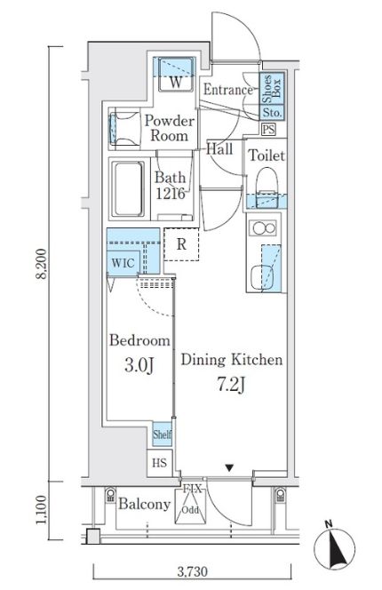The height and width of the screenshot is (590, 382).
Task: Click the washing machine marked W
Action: [176, 75]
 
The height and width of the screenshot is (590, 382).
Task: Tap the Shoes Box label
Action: [271, 89]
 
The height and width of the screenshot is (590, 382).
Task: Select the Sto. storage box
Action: [272, 113]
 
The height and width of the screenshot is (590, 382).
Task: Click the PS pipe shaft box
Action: [268, 130]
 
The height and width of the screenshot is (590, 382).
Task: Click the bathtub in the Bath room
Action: [129, 189]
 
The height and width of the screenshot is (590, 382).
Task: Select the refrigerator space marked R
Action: [181, 244]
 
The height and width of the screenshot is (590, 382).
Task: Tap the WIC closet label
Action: [123, 262]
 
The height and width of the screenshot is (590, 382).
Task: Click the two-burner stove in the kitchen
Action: [264, 228]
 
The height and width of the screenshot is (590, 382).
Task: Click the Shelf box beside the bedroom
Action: [163, 434]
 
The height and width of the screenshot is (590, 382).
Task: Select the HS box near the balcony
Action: [159, 463]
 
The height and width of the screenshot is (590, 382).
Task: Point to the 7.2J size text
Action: [231, 384]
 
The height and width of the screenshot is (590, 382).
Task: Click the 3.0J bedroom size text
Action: [139, 365]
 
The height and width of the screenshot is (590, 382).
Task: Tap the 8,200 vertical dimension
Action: [41, 263]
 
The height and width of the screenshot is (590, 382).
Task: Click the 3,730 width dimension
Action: [192, 571]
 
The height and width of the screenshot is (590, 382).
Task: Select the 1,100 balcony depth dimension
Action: [41, 510]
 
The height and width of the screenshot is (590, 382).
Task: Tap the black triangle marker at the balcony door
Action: [229, 468]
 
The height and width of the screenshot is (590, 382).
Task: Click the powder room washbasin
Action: [123, 128]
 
